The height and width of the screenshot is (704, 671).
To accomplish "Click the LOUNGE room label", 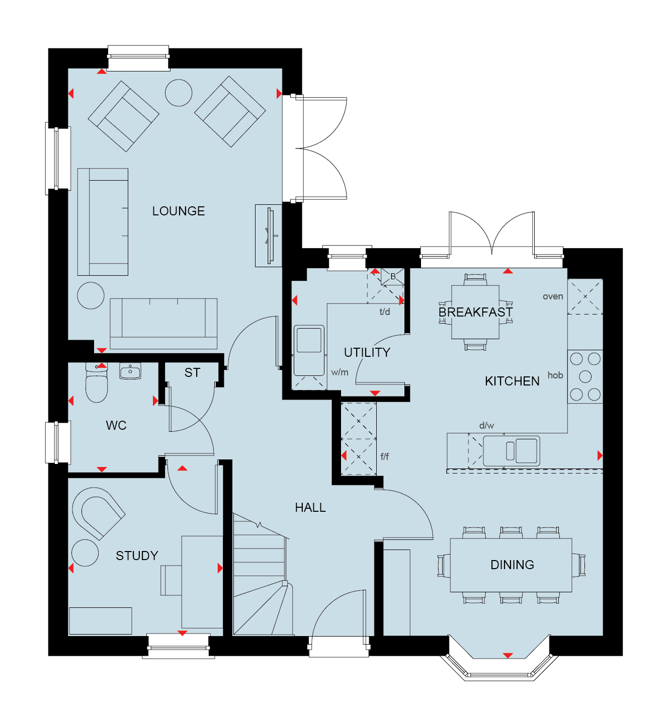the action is (x=178, y=211).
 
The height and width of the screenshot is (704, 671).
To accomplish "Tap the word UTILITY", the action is (x=367, y=352).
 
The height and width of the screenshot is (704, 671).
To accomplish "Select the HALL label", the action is (x=310, y=507).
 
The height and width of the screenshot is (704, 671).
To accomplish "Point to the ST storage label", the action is (x=192, y=373).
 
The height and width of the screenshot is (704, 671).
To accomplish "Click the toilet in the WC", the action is (x=96, y=383).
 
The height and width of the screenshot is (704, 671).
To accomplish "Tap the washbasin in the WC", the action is (x=130, y=371).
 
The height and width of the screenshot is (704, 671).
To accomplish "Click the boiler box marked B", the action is (x=392, y=276).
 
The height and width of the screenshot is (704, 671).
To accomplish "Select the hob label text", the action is (x=555, y=375).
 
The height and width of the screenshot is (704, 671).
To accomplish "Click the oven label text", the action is (x=552, y=296).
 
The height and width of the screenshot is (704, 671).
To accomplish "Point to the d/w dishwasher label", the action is (x=486, y=425).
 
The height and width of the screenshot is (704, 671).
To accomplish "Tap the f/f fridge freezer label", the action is (x=384, y=456).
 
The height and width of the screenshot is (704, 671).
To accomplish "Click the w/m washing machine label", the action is (x=340, y=372).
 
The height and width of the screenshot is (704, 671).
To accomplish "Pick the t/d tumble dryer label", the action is (x=385, y=311).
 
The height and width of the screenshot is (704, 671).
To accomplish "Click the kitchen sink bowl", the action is (x=526, y=450).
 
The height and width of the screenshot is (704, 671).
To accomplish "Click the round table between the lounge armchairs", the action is (x=178, y=93).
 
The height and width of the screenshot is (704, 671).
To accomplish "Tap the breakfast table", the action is (x=475, y=312).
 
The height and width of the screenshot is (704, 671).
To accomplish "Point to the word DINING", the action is (x=512, y=565).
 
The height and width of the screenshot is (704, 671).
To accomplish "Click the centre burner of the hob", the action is (x=585, y=377).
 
